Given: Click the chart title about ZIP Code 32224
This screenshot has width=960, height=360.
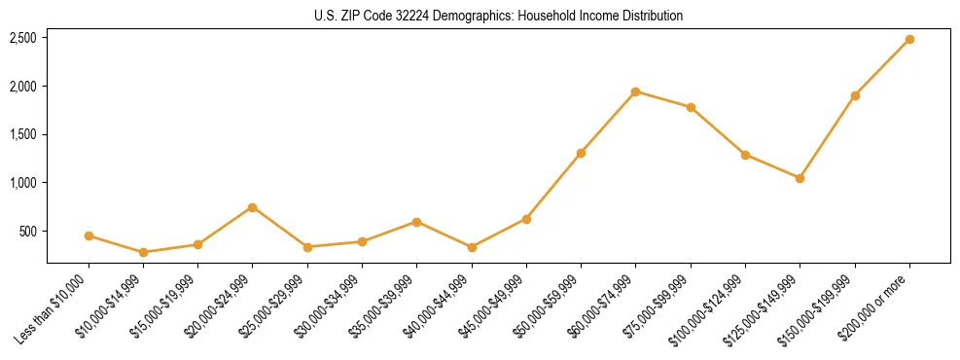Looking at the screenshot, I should pos(498,16).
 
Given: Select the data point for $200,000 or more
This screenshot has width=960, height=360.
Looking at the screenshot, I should pos(908,39).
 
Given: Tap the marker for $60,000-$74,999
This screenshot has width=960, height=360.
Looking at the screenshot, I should pos(635,91).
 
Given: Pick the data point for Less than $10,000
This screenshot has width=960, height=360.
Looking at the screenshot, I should pos(89,235).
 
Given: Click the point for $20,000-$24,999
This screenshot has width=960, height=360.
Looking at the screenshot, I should pos(253,207).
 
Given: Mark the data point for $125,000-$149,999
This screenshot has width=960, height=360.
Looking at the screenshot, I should pos(800,178).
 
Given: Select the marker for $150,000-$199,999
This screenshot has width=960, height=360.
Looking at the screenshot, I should pos(854,95).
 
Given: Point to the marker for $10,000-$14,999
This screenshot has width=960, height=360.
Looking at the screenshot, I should pos(143,252).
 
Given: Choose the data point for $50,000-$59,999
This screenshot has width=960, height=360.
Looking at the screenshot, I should pos(581,153).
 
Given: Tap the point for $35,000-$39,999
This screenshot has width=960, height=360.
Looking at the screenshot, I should pos(416,222).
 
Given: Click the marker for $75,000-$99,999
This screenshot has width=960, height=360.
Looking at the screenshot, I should pos(691,107).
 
